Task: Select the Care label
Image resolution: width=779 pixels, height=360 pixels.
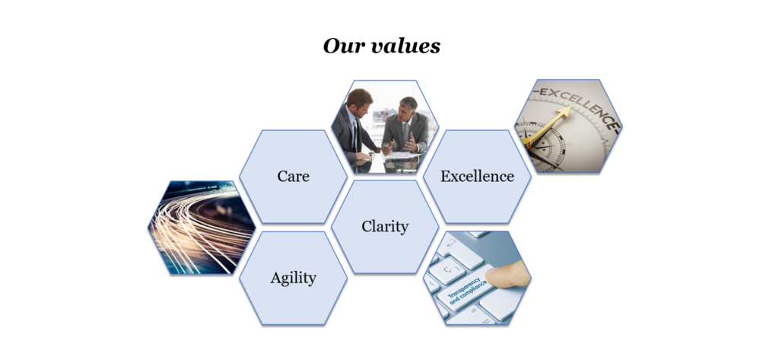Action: click(293, 176)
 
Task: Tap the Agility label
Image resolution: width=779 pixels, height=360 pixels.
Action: click(293, 278)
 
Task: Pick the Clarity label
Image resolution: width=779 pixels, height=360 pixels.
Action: click(385, 226)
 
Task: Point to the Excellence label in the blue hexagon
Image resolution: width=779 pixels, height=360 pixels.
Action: click(477, 176)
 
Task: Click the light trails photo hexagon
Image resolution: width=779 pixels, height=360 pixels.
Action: click(202, 227)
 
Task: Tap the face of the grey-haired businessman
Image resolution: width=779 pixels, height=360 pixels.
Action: click(408, 107)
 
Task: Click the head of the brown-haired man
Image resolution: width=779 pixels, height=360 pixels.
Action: click(359, 98)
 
